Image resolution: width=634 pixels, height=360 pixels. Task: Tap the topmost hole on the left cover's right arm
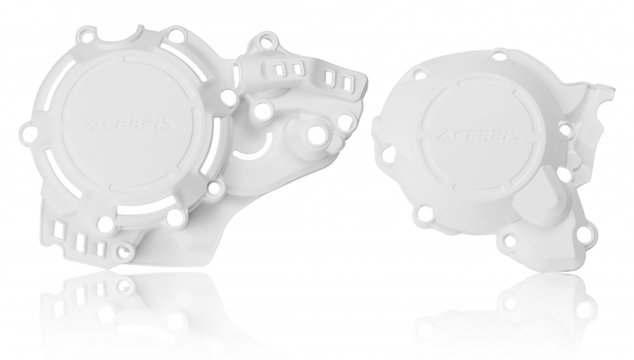tap(266, 41)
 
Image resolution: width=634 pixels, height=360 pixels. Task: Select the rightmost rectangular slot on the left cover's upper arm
tap(347, 84)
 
